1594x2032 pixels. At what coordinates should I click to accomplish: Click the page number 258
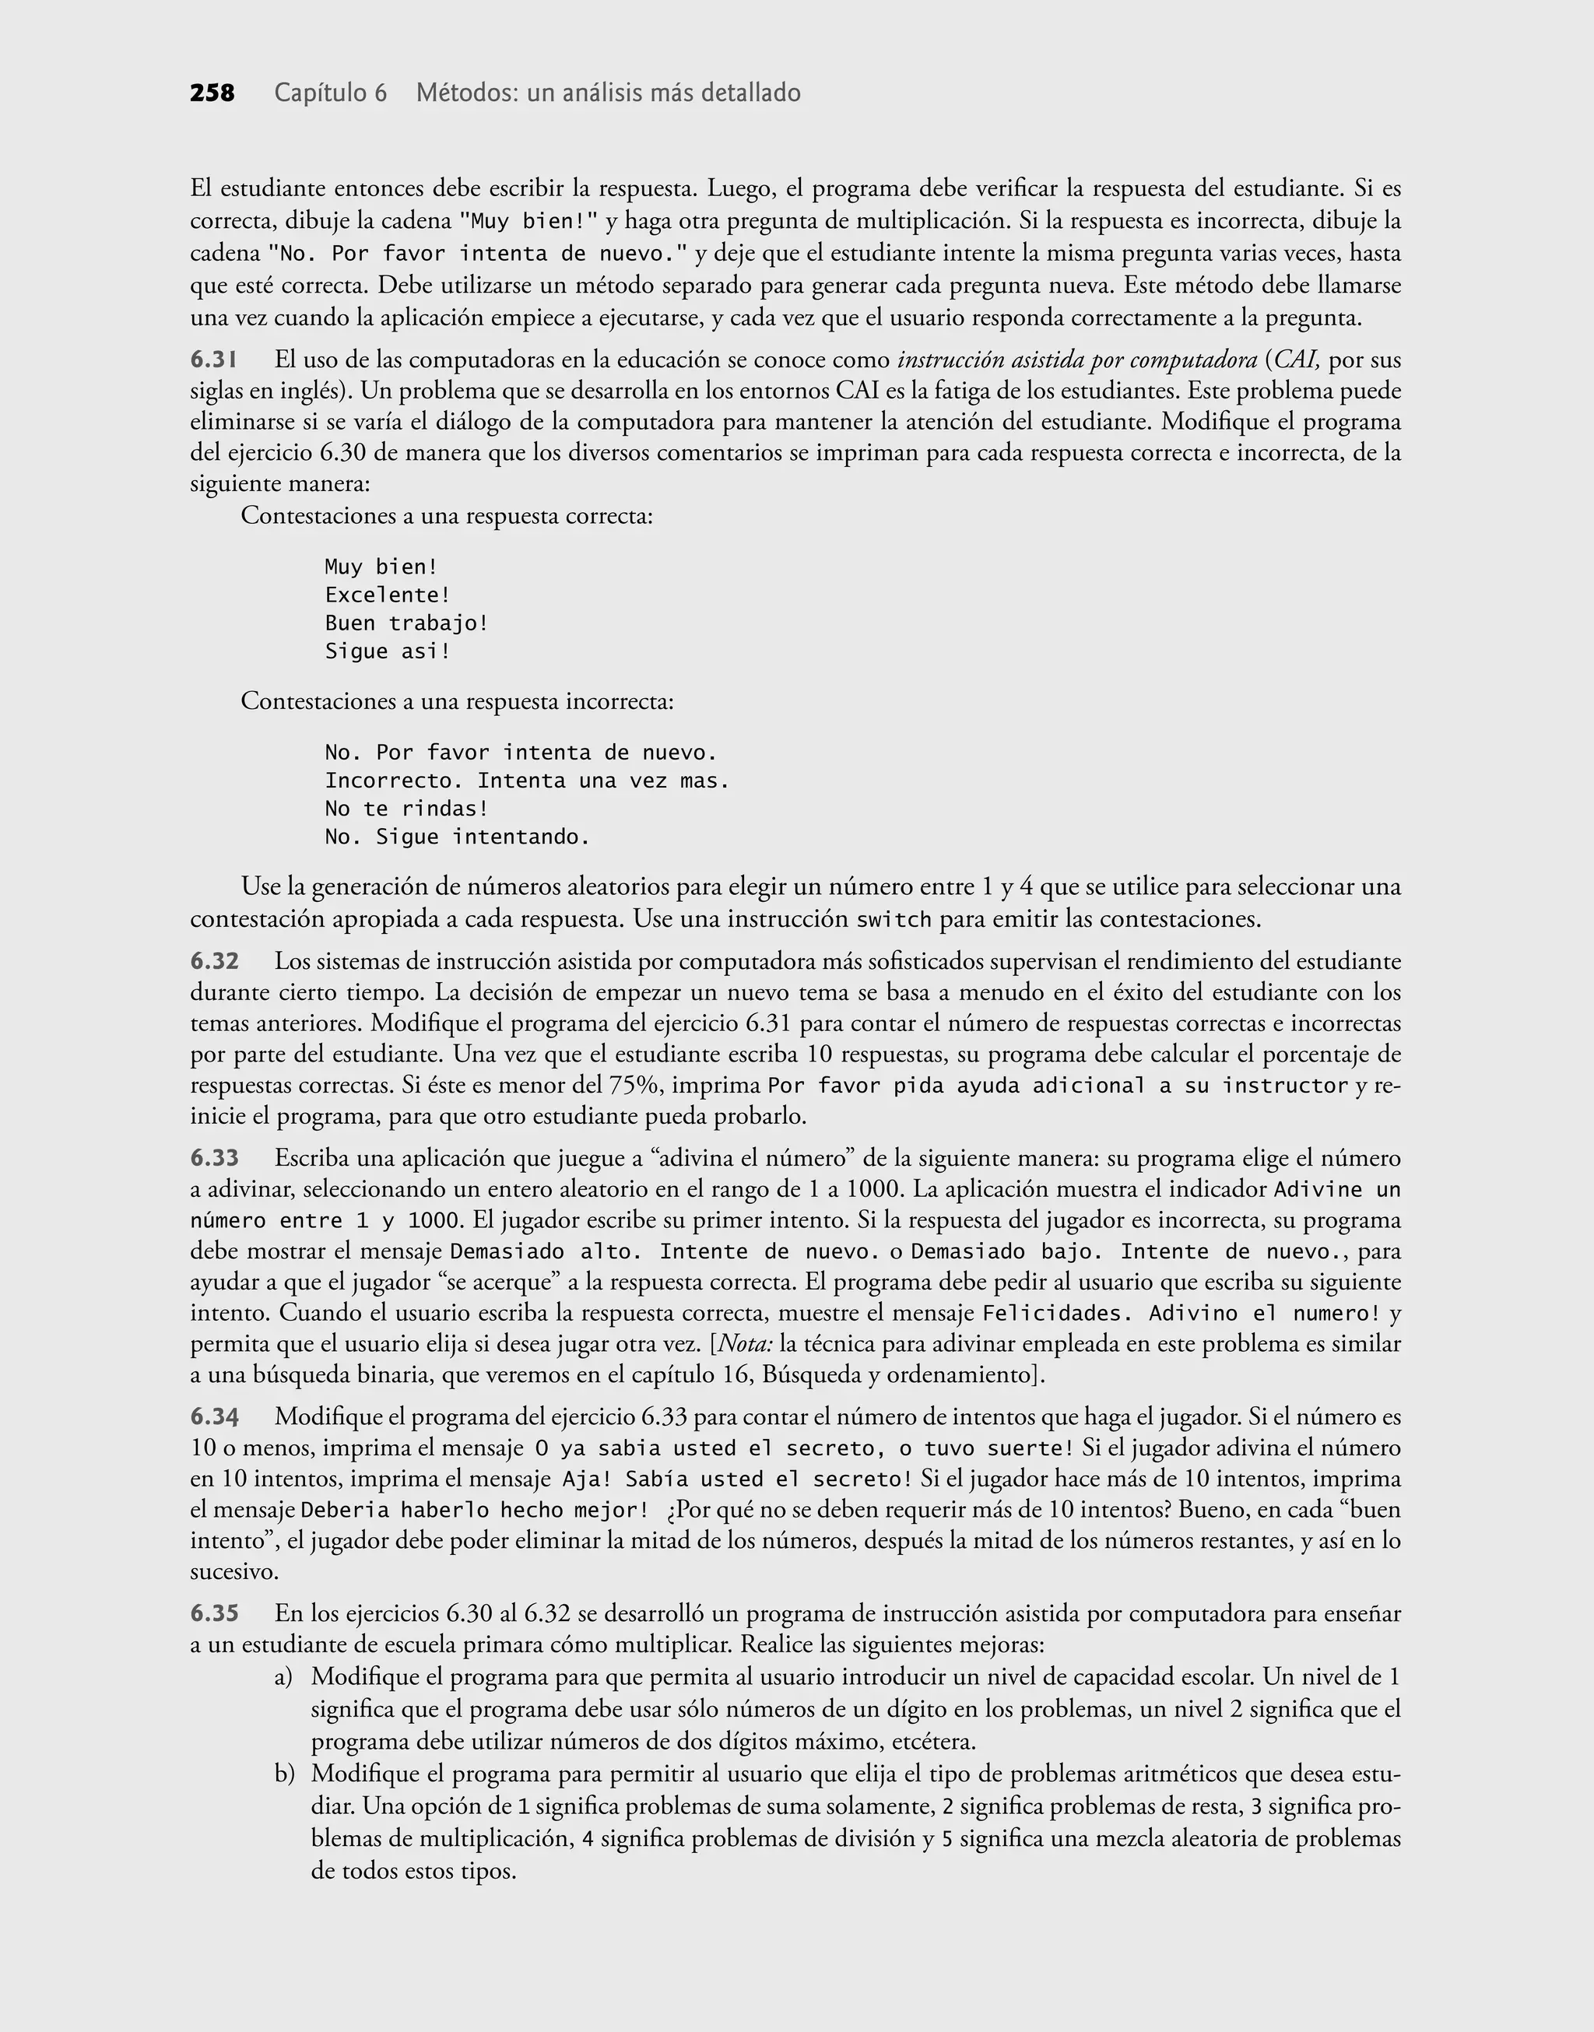[212, 93]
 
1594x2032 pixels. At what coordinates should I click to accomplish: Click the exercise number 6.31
[214, 360]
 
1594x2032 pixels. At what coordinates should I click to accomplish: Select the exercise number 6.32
[215, 961]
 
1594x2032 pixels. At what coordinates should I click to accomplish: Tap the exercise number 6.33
[215, 1158]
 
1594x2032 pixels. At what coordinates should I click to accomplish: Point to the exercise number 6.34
[215, 1416]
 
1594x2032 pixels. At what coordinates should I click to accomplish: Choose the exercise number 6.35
[215, 1613]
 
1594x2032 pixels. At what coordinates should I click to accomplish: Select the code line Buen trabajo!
[406, 623]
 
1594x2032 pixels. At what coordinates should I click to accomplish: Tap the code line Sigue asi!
[388, 651]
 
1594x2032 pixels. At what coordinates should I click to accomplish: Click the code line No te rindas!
[406, 809]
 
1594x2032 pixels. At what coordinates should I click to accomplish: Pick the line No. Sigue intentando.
[458, 837]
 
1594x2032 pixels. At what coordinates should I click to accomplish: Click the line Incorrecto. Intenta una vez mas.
[526, 781]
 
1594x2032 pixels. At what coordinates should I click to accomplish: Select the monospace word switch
[894, 920]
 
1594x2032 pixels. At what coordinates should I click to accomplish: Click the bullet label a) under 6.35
[284, 1677]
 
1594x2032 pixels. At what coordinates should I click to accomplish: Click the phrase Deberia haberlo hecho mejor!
[474, 1510]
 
